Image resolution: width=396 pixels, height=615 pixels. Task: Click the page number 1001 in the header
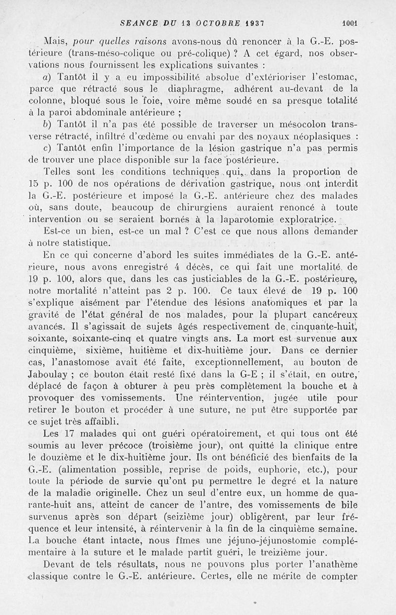[348, 22]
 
